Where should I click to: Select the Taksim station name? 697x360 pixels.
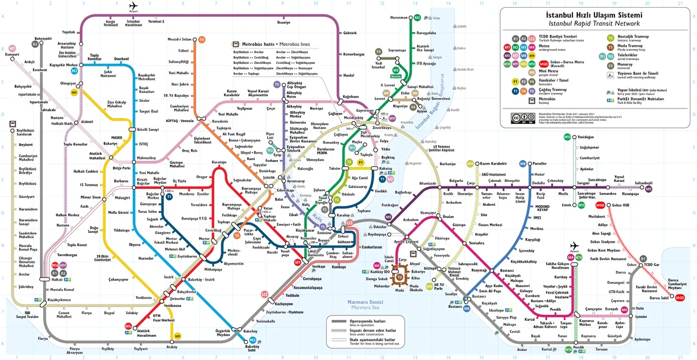pos(334,168)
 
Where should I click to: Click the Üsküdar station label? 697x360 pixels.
pos(379,227)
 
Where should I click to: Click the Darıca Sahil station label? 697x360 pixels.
pos(659,298)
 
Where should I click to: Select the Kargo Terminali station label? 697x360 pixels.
pos(114,23)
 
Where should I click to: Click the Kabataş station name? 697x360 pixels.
pos(387,168)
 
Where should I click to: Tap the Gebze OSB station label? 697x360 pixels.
pos(620,205)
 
